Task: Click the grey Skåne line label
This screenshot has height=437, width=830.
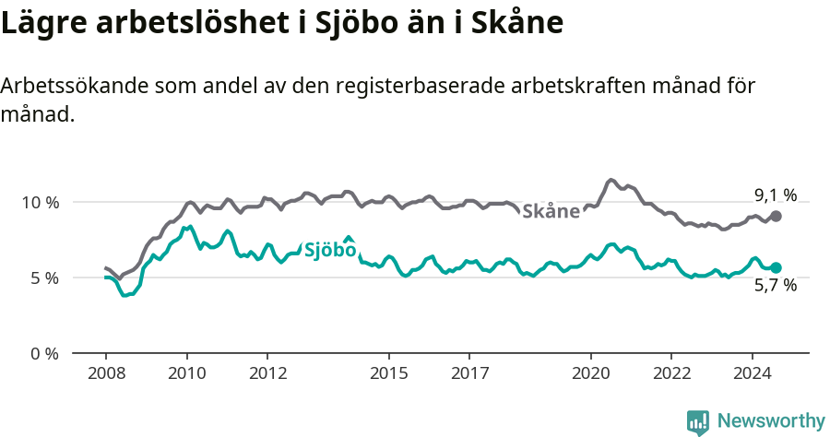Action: (x=551, y=211)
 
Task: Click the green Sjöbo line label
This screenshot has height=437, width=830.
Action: (x=330, y=250)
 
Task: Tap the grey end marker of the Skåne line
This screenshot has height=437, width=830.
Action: (x=776, y=216)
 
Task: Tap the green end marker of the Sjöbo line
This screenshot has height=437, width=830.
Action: (x=776, y=267)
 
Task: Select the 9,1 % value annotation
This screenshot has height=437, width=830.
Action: (x=776, y=195)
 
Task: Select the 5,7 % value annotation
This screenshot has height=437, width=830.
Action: (x=776, y=286)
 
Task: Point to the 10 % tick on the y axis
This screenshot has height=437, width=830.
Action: (x=40, y=202)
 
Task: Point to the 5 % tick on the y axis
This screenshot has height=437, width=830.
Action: (x=43, y=278)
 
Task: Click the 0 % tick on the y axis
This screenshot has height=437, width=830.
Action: (x=43, y=353)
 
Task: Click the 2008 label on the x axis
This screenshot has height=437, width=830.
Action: (x=106, y=374)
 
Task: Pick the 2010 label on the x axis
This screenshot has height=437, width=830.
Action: (x=186, y=374)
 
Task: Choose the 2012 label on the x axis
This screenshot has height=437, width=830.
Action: (x=267, y=374)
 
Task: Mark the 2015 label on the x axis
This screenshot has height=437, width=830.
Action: (x=388, y=374)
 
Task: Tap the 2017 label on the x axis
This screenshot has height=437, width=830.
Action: (x=469, y=374)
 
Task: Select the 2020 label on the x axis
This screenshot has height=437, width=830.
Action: (x=590, y=374)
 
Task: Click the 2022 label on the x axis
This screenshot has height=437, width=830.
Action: (x=671, y=374)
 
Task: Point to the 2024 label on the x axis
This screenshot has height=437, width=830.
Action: (x=752, y=374)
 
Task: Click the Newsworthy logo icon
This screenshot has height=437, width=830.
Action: (x=698, y=422)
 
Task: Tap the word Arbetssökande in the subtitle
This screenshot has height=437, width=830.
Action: (x=75, y=86)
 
